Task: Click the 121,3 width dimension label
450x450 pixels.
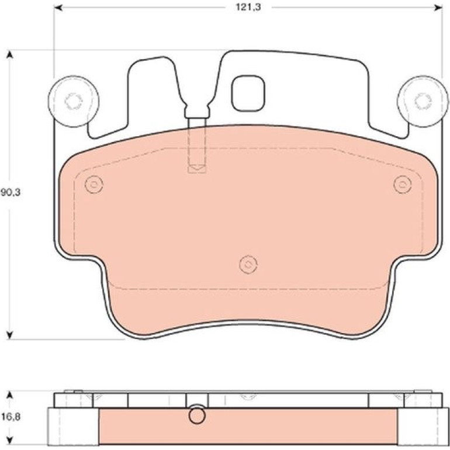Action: point(248,8)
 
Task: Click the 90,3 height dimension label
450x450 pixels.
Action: point(11,192)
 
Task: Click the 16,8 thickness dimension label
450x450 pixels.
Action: point(11,417)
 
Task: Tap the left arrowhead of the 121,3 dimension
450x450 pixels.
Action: point(58,8)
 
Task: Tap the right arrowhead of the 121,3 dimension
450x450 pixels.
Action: point(438,8)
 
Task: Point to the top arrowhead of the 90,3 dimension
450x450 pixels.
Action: point(10,54)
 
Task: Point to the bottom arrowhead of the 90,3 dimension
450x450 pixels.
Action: point(10,335)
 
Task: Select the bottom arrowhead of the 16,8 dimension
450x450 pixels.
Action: point(10,440)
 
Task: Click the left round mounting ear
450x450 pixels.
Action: point(74,101)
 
